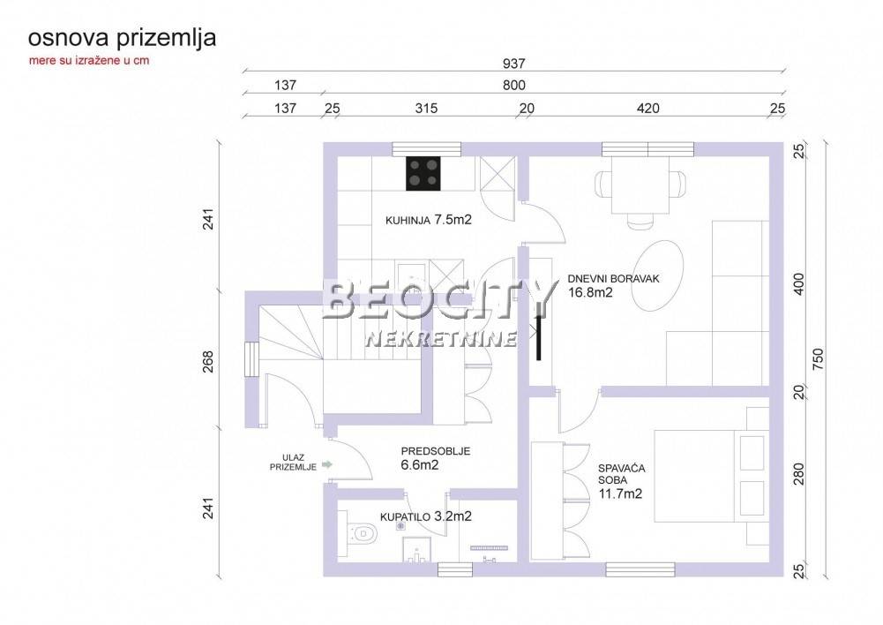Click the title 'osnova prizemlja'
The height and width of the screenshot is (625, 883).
(123, 39)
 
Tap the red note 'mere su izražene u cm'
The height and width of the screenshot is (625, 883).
(89, 61)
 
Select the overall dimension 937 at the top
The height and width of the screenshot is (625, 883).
(513, 64)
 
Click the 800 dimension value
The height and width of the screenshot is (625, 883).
(513, 85)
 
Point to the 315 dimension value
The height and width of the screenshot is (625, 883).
(426, 109)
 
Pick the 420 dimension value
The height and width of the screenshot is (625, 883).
(647, 109)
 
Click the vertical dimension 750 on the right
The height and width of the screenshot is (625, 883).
(819, 359)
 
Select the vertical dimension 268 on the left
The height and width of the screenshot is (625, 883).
(208, 362)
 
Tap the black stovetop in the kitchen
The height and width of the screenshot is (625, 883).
(423, 173)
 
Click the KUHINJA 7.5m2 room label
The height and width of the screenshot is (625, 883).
(428, 220)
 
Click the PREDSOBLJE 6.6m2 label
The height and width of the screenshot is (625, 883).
(435, 458)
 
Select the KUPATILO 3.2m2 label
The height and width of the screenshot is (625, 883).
(426, 516)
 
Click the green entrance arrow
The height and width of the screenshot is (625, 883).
(326, 465)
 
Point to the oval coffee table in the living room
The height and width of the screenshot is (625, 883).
(656, 275)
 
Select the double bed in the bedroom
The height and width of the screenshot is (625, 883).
(711, 476)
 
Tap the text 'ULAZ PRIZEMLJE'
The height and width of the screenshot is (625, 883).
(293, 463)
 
